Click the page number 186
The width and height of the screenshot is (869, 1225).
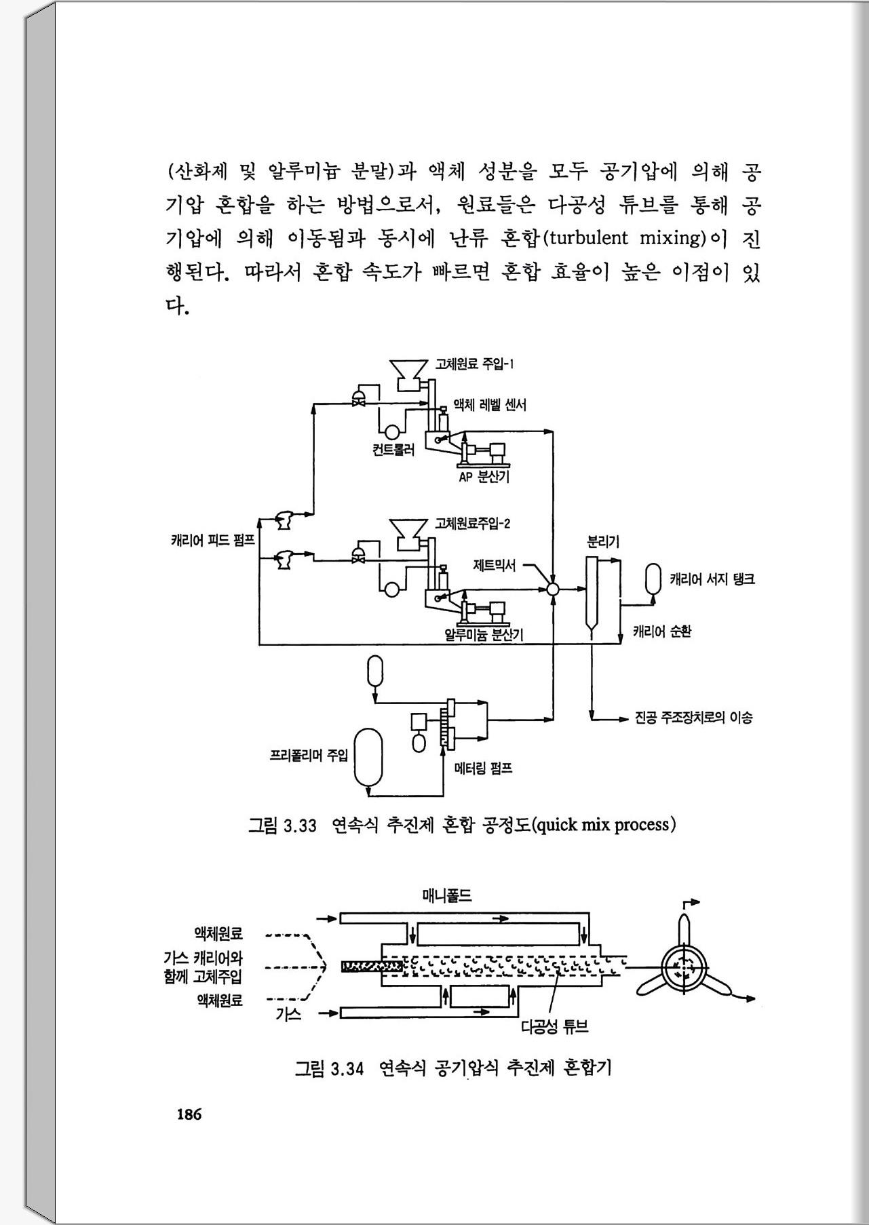click(x=189, y=1114)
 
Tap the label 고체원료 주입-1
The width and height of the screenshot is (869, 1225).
click(x=474, y=364)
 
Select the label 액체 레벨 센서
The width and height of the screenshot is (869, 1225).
click(x=489, y=405)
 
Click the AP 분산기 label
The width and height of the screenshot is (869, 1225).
click(x=484, y=477)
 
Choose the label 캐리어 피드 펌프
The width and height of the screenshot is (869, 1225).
click(x=212, y=541)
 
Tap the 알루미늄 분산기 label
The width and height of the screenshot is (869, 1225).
click(x=483, y=635)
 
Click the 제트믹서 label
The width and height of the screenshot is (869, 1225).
click(x=494, y=565)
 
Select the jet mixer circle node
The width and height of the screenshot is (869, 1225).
click(x=553, y=589)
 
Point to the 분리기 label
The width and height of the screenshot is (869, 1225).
click(x=602, y=542)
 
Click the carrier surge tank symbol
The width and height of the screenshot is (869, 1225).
click(x=653, y=579)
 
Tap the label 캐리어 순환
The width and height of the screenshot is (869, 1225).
click(x=661, y=632)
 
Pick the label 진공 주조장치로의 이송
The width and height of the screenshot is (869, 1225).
click(x=693, y=718)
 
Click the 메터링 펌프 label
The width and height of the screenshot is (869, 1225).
click(x=483, y=769)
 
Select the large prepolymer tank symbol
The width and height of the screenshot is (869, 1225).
click(x=368, y=757)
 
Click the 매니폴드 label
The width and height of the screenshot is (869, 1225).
click(x=446, y=896)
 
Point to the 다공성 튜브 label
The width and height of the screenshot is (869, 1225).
click(x=554, y=1027)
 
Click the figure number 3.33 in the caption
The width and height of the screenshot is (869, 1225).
click(x=300, y=825)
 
